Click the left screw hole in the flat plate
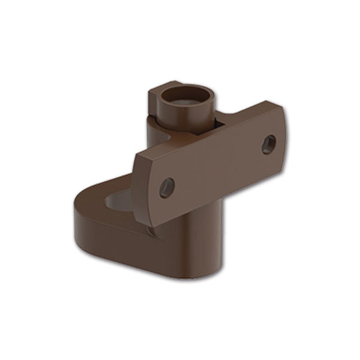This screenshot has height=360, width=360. [x=167, y=188]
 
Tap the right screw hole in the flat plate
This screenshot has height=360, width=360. [x=269, y=144]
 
